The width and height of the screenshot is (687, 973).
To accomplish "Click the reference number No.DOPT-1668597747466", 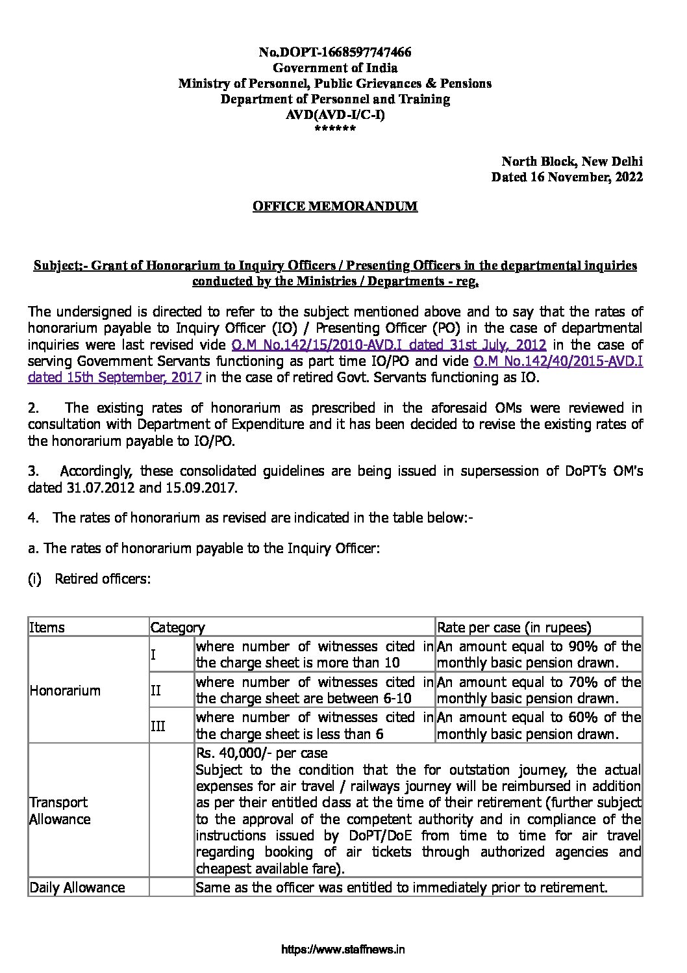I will point(335,52).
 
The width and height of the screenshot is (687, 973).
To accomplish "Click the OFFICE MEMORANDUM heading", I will point(335,207).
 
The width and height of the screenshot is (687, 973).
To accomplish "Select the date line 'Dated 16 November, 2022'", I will point(567,177).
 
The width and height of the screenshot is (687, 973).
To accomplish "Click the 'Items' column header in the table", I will point(47,627).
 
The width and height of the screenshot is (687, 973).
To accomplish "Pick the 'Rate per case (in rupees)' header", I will point(514,627).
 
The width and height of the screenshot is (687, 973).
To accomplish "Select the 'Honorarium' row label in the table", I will point(65,690).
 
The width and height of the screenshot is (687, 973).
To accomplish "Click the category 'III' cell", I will point(158,726).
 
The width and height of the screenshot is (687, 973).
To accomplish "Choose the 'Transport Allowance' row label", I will point(59,811).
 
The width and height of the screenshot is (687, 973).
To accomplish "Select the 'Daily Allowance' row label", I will point(77,887).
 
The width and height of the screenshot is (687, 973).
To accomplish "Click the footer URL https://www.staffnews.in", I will point(343,950).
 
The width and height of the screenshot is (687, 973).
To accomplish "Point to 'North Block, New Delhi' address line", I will point(571,161).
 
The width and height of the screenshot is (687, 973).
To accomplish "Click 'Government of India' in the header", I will point(335,68).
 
